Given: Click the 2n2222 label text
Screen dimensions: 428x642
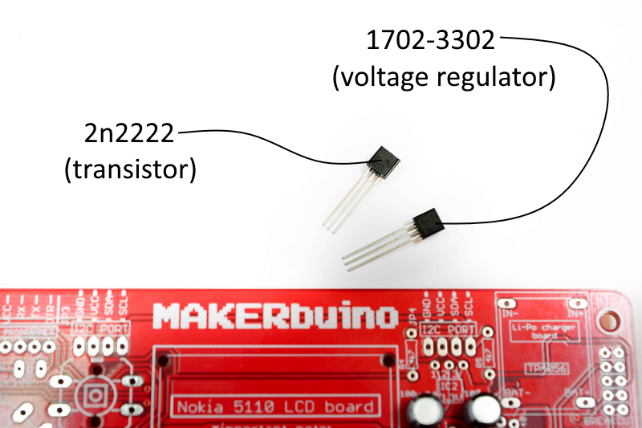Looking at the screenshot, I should click(129, 133).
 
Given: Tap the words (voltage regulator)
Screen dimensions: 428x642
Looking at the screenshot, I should click(444, 78).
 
